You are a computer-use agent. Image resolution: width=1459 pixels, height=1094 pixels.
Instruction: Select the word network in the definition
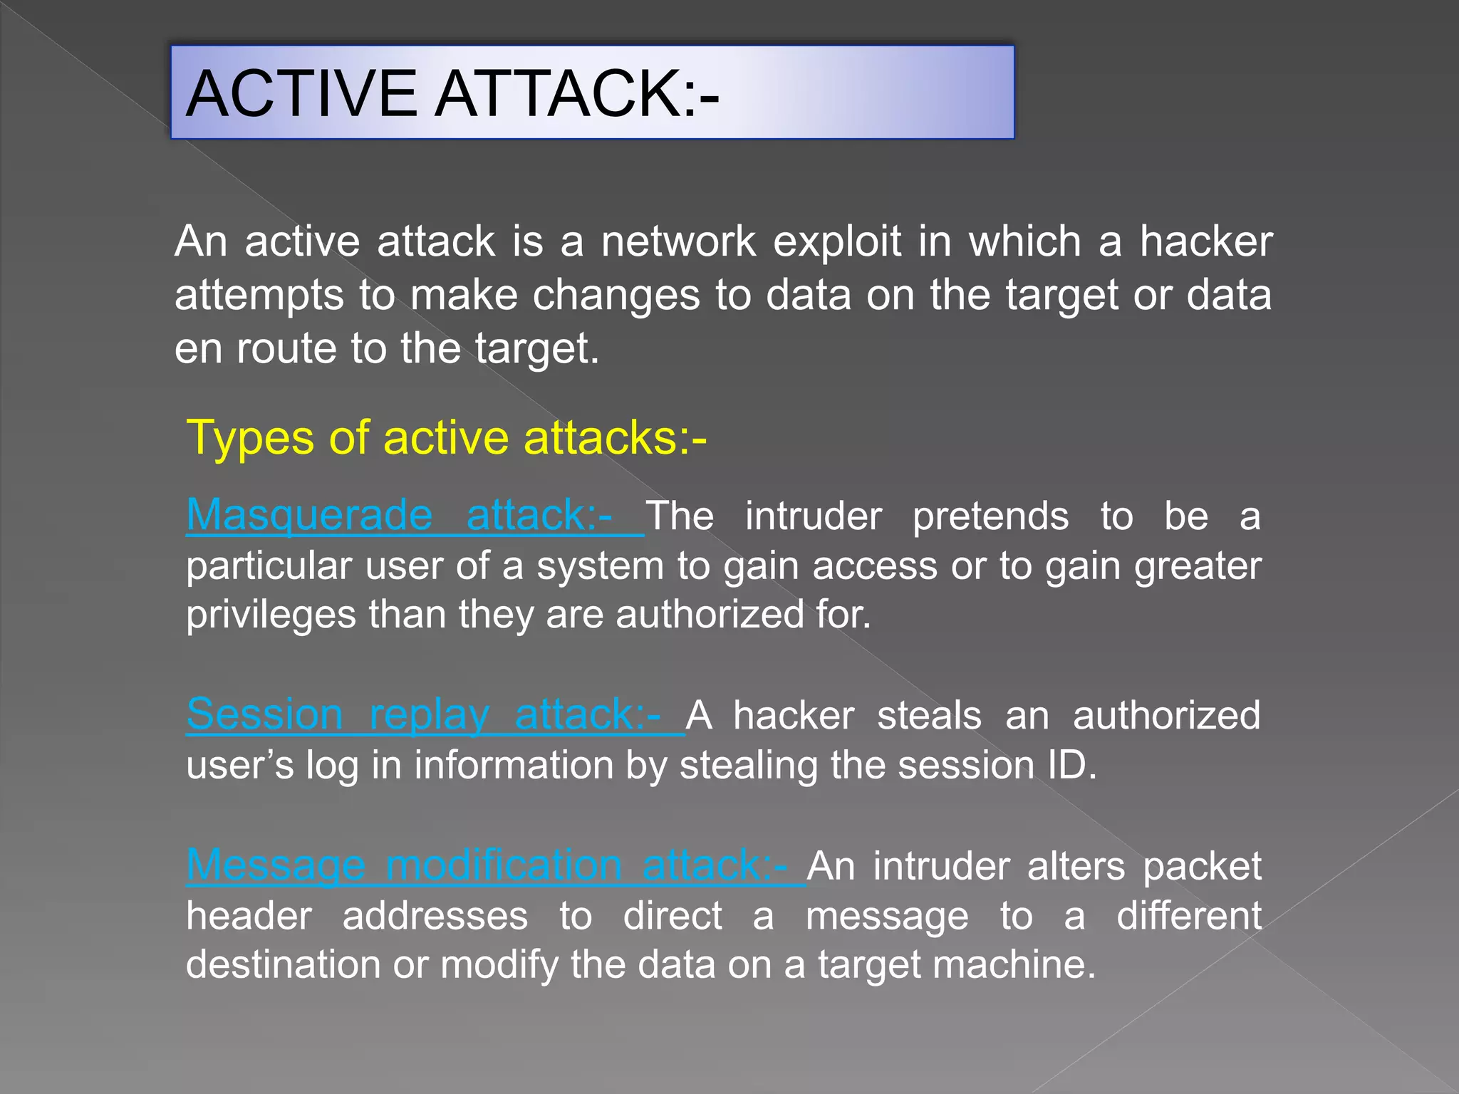click(x=678, y=241)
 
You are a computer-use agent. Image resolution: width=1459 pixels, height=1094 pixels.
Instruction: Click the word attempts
click(x=259, y=296)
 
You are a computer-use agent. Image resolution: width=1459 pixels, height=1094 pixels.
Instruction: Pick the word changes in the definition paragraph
click(x=616, y=295)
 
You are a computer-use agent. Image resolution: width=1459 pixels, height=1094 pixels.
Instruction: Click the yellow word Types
click(x=249, y=438)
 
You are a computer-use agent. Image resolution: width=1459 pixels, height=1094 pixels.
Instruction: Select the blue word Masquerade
click(x=309, y=515)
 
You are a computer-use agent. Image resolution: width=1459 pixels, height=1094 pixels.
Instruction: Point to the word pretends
click(x=990, y=516)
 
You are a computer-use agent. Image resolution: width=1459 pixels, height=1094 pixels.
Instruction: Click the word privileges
click(x=271, y=615)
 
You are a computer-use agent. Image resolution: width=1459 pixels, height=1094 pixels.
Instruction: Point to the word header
click(x=249, y=916)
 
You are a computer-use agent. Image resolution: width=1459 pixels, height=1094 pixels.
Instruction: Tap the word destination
click(x=282, y=965)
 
